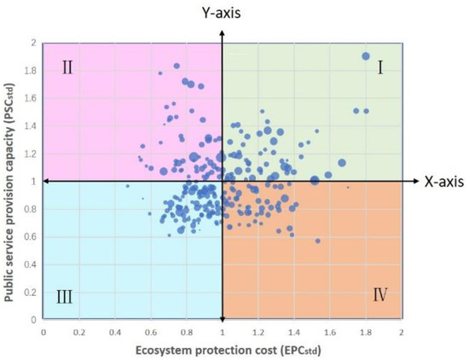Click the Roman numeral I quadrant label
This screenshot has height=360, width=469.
point(381,68)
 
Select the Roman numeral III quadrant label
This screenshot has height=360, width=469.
point(65,298)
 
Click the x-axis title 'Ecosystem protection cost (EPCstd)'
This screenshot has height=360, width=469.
point(221,349)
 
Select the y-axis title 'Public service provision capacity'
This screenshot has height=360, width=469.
point(11,180)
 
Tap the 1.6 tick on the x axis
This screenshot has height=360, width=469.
point(329,331)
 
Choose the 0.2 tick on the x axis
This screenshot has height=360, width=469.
point(79,331)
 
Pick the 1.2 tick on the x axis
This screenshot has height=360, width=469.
point(258,331)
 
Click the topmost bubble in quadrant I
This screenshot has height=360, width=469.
point(366,56)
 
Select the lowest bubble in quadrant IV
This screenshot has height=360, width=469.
point(318,241)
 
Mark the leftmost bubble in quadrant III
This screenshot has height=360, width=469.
point(127,186)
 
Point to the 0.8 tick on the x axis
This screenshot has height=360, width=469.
point(187,331)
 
